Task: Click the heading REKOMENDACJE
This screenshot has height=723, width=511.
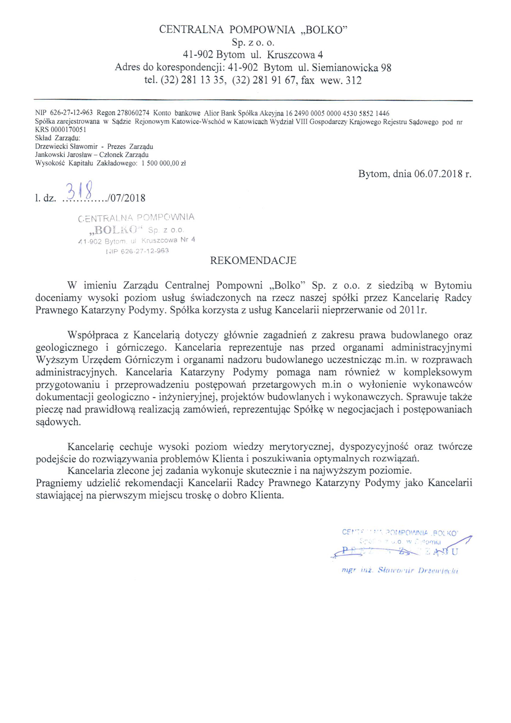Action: pyautogui.click(x=253, y=260)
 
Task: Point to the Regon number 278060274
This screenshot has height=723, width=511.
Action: pyautogui.click(x=133, y=113)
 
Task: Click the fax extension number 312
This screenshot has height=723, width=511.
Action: pyautogui.click(x=354, y=80)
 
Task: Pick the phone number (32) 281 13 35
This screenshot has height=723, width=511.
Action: pyautogui.click(x=192, y=80)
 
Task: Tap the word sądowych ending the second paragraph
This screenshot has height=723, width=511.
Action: pyautogui.click(x=58, y=422)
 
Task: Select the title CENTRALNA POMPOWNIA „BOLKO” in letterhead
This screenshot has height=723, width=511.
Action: pyautogui.click(x=253, y=30)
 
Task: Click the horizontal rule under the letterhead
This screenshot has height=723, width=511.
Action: pyautogui.click(x=253, y=100)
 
